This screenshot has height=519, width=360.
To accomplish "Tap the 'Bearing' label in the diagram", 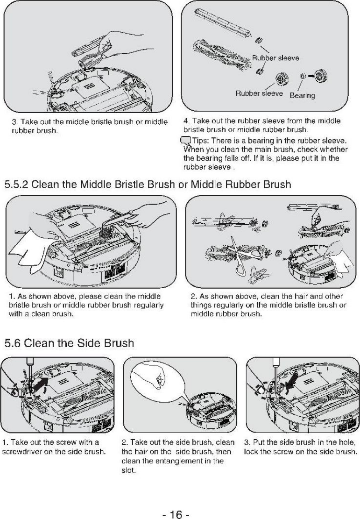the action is click(x=302, y=96).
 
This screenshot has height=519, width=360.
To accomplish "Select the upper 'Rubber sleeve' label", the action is click(x=275, y=58).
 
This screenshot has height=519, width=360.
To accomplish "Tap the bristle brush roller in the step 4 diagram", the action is click(x=219, y=51).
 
